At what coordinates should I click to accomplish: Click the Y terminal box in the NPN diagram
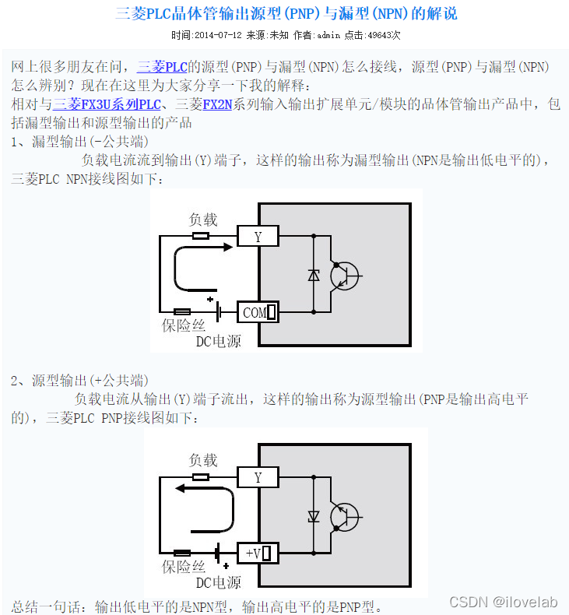258,237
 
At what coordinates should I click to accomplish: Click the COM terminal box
257,312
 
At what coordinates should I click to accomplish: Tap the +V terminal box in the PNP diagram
258,553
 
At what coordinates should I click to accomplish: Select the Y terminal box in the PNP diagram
258,477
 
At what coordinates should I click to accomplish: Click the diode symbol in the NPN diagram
314,274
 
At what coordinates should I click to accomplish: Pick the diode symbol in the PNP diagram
314,515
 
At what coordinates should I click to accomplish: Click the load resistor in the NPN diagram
201,236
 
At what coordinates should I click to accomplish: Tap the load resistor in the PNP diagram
201,477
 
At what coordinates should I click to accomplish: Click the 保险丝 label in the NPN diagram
184,325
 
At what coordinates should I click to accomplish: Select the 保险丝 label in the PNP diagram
184,567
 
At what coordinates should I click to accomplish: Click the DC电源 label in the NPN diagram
218,341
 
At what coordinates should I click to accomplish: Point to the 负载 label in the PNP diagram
204,460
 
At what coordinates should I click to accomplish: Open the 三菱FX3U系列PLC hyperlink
107,104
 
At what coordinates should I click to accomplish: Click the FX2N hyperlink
218,104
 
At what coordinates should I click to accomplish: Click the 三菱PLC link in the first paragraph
162,67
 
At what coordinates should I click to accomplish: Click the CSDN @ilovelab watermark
504,602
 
